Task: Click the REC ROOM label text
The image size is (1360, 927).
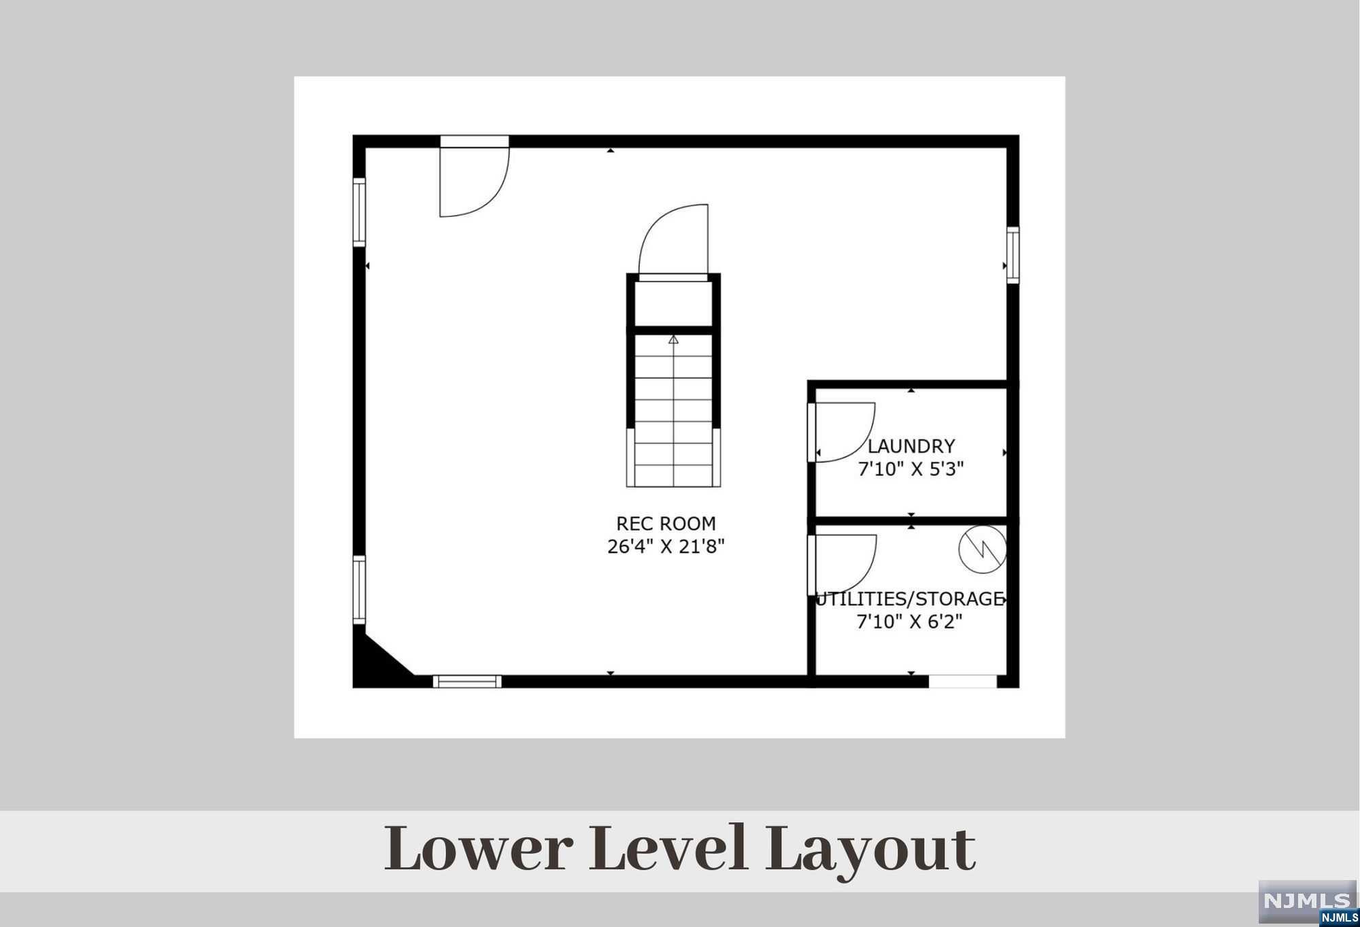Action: point(666,524)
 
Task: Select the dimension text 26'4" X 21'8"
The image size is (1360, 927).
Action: point(666,547)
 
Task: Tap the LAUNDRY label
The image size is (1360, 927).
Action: point(911,446)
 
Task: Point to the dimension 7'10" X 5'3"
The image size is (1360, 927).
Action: point(911,469)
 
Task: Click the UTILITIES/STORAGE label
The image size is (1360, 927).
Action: point(911,599)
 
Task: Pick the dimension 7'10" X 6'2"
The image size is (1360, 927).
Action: point(911,622)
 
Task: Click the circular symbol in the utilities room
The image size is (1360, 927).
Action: point(983,549)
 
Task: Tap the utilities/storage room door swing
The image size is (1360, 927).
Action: point(843,563)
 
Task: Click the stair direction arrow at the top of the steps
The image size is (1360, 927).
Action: point(673,339)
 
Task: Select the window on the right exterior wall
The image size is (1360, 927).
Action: point(1013,255)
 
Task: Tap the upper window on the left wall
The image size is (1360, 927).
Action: point(359,212)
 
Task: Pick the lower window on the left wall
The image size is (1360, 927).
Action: point(359,590)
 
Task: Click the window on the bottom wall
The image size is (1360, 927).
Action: point(467,681)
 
